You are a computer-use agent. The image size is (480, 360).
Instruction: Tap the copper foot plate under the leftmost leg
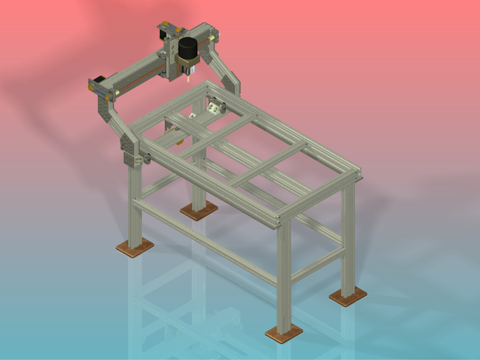pyautogui.click(x=134, y=246)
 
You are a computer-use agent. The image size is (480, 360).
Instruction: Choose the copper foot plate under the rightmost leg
pyautogui.click(x=348, y=296)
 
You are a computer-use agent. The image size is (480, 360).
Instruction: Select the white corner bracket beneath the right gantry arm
pyautogui.click(x=216, y=106)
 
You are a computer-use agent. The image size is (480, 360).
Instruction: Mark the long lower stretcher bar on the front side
pyautogui.click(x=208, y=242)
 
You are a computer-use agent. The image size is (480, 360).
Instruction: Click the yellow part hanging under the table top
pyautogui.click(x=180, y=141)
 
